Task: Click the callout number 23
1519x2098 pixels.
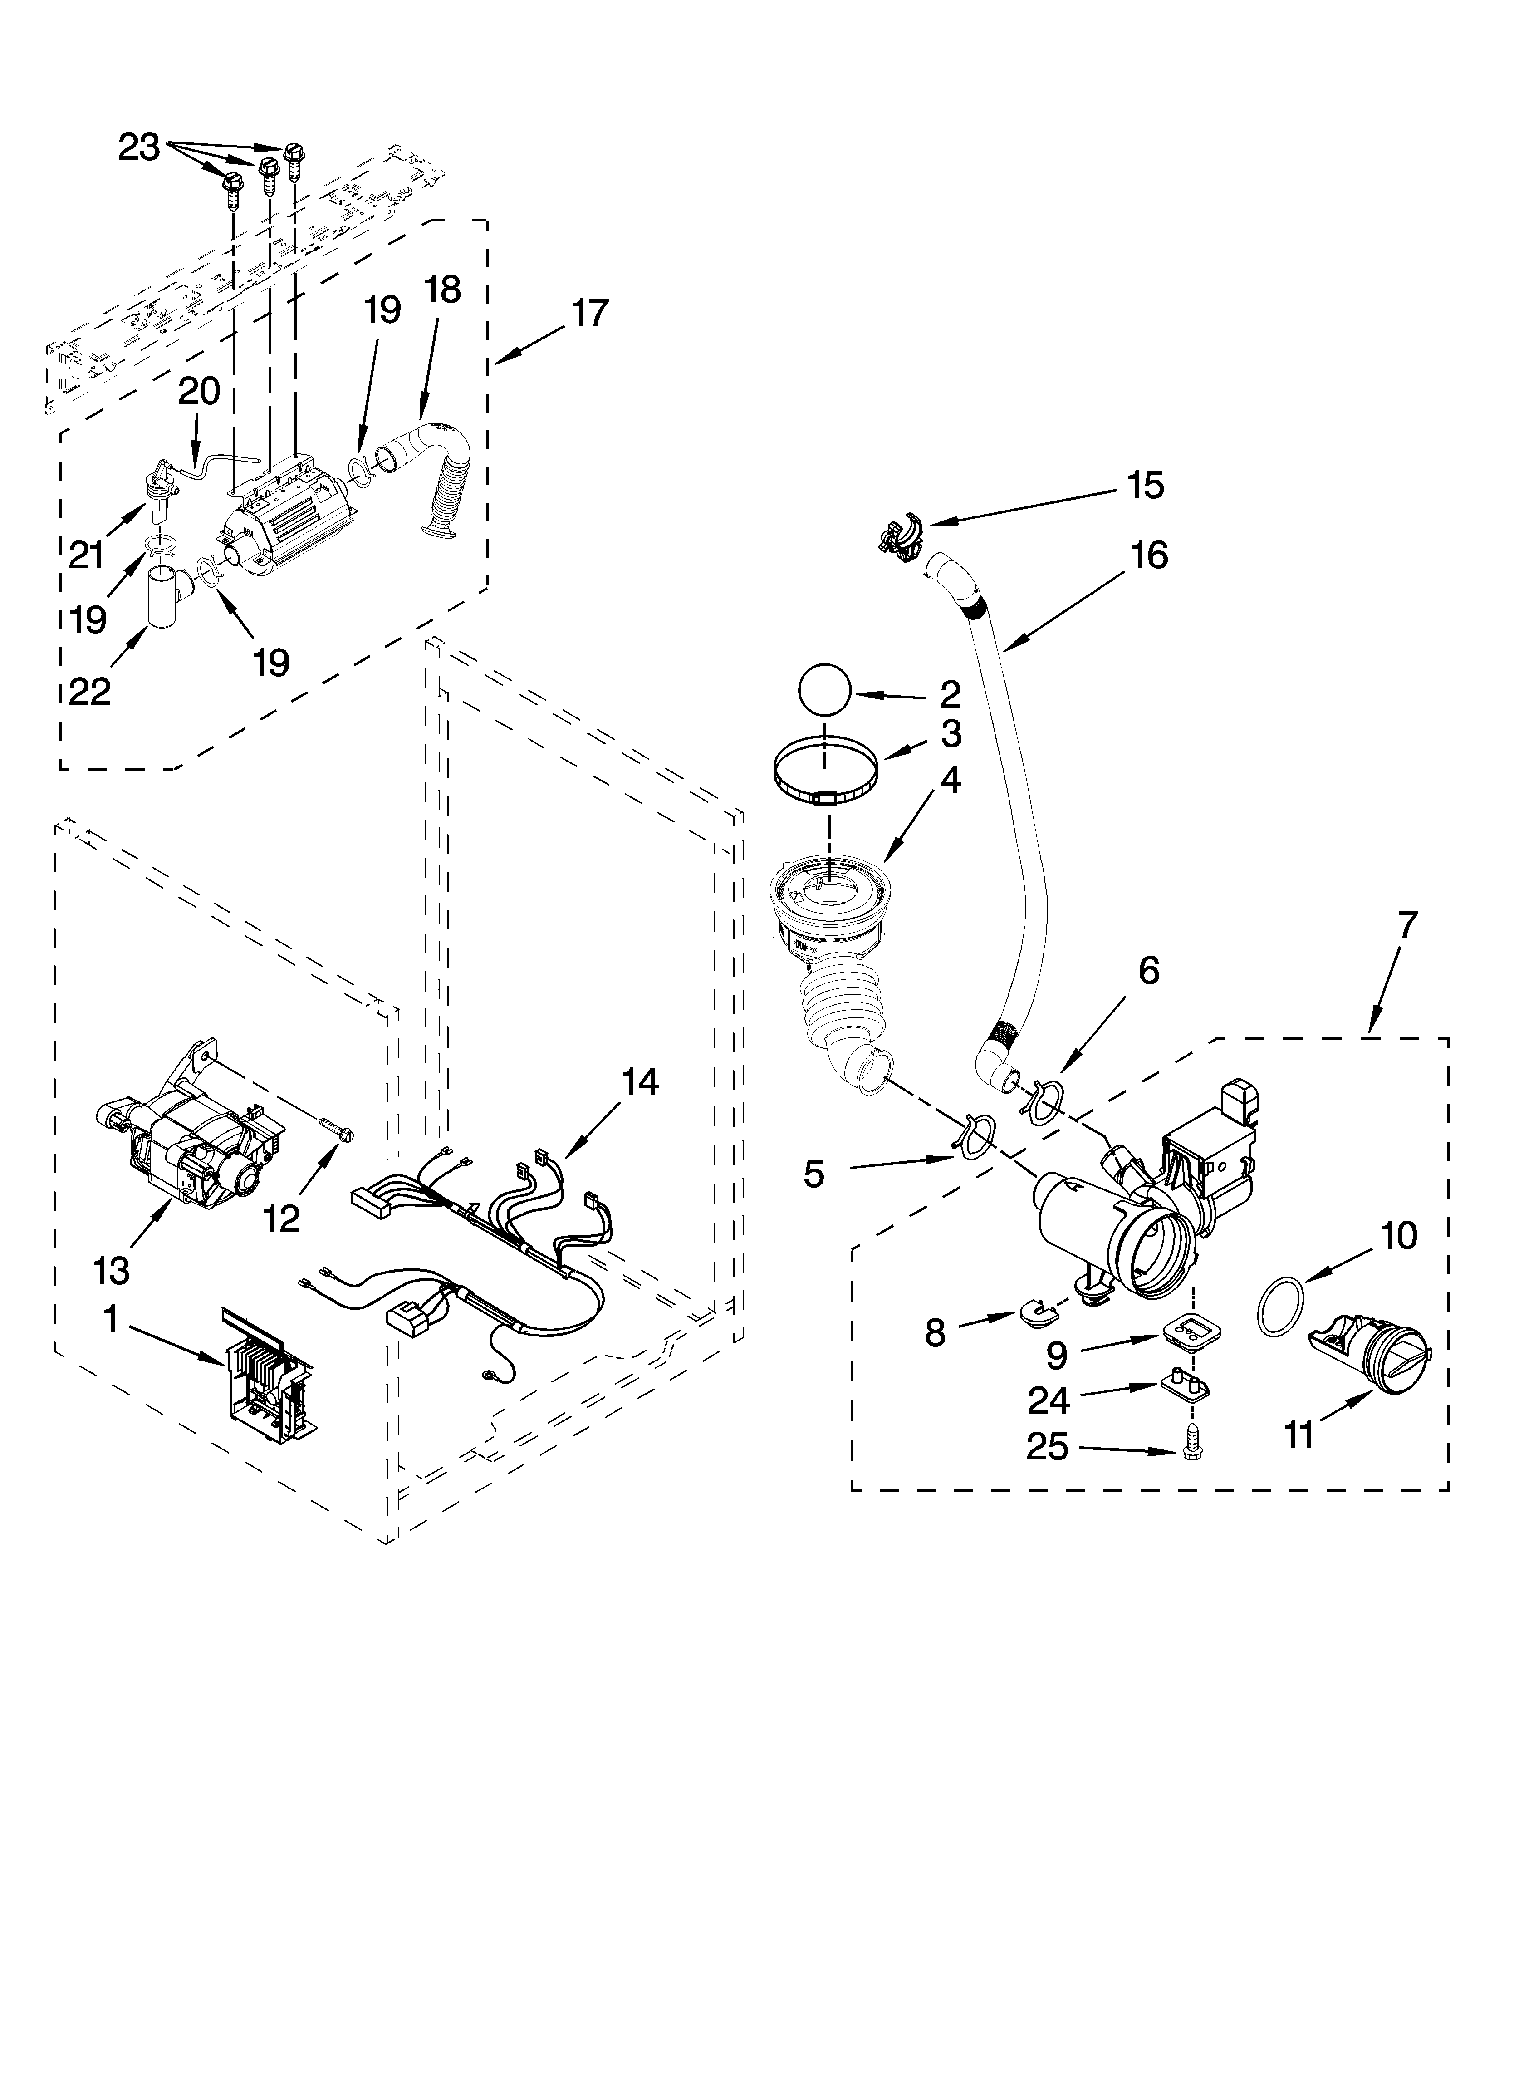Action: point(139,148)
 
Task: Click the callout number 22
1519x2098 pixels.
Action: point(90,691)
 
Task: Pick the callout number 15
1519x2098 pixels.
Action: point(1145,486)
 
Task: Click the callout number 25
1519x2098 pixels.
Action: point(1047,1447)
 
